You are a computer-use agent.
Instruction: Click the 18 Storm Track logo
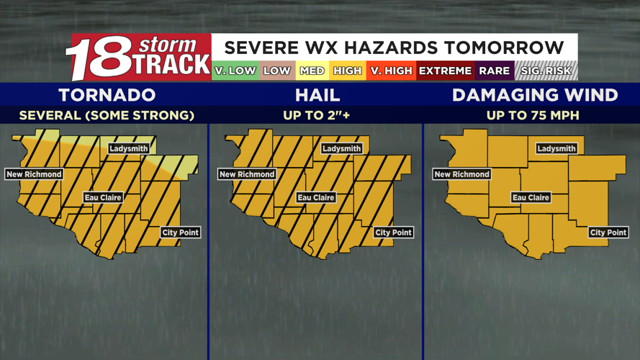(138, 57)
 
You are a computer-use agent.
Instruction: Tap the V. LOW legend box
(235, 71)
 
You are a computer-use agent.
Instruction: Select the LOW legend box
(276, 71)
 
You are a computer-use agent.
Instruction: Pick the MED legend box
(312, 71)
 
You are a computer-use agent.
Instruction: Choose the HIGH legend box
(347, 71)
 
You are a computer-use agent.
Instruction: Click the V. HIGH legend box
(390, 71)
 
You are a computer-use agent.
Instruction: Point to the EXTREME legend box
(445, 71)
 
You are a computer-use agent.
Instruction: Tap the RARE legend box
(494, 71)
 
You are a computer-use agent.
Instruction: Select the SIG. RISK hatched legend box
(546, 71)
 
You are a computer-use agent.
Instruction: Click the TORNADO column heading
(107, 95)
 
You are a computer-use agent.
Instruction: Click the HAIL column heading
(317, 95)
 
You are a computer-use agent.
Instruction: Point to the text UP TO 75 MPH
(533, 115)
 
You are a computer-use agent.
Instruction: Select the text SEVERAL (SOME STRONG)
(107, 115)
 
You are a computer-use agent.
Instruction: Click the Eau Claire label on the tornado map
(103, 197)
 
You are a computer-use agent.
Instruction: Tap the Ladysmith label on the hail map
(341, 149)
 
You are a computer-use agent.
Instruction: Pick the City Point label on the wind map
(608, 233)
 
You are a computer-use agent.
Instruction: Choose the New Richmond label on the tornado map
(34, 174)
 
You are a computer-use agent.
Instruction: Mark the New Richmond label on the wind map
(461, 174)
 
